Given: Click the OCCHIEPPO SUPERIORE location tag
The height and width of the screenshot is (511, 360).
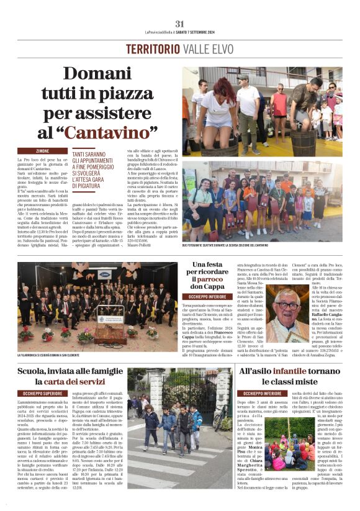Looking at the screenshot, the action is click(x=43, y=394).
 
